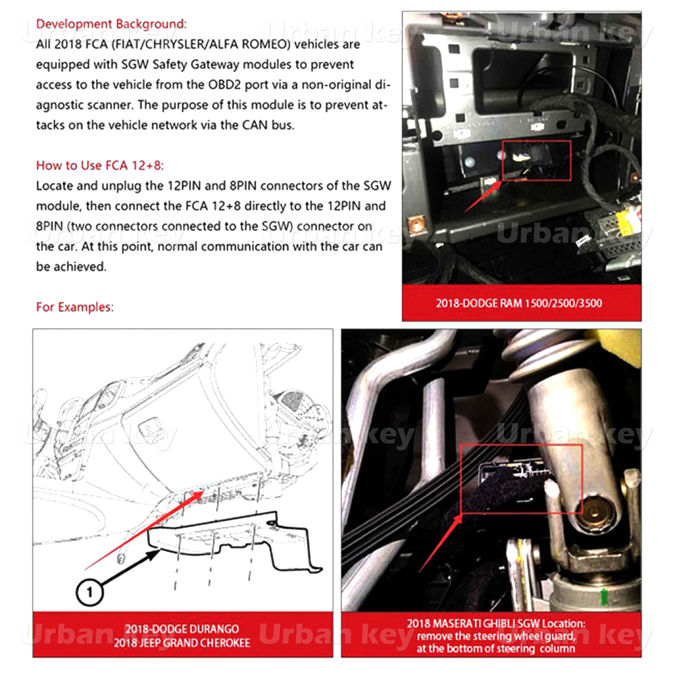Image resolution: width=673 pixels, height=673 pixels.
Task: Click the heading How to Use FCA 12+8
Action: (x=100, y=165)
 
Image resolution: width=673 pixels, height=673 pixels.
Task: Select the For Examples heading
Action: (x=75, y=307)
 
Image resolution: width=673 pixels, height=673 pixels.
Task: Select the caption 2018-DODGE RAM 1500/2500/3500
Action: (x=519, y=303)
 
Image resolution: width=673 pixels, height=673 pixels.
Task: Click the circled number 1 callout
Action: (x=89, y=592)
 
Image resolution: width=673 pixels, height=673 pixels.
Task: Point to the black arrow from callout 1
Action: (x=131, y=568)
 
